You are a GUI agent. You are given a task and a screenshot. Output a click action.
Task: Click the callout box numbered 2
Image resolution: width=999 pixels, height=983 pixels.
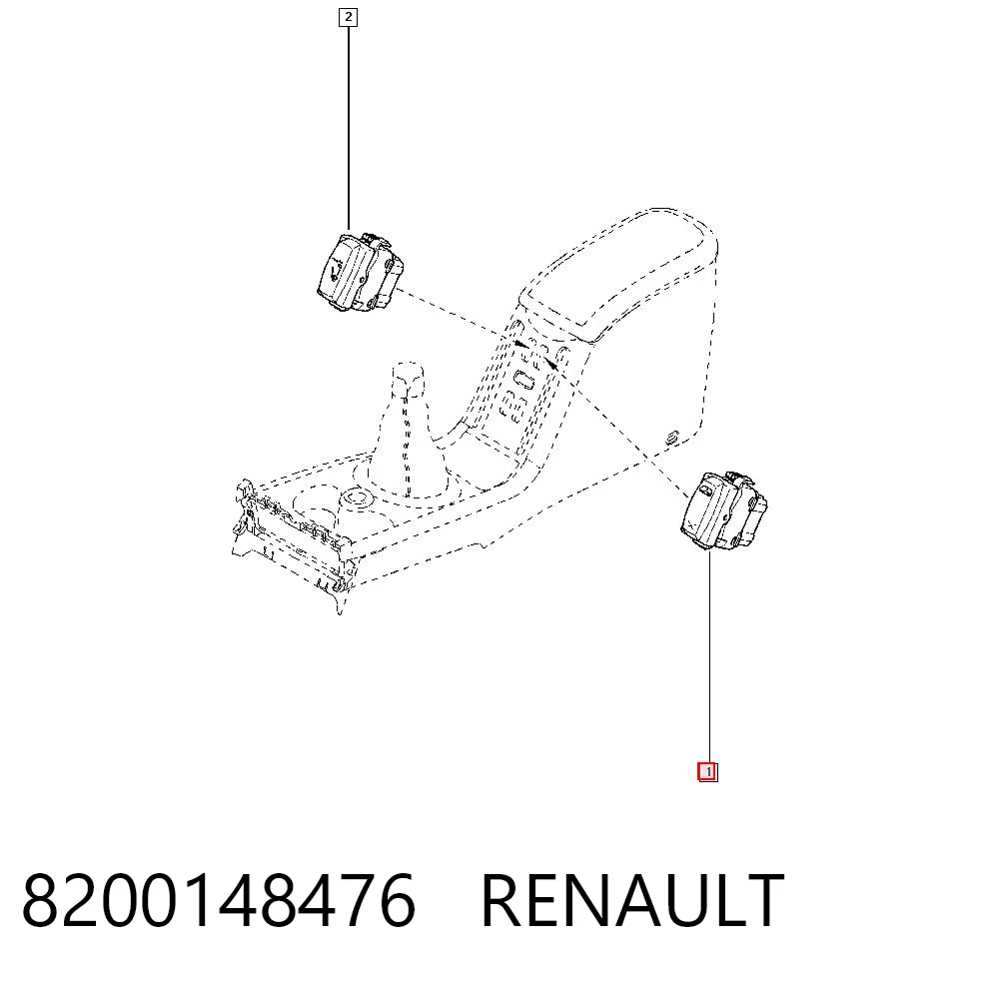pos(348,17)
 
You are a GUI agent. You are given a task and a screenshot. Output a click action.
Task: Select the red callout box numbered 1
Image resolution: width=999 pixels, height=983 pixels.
pos(707,772)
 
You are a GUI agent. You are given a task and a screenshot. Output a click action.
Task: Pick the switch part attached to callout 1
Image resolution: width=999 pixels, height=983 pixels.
pos(723,512)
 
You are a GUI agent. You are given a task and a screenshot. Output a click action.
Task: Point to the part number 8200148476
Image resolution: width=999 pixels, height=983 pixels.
pos(219,899)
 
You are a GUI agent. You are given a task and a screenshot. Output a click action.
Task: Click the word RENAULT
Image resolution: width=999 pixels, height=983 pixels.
pos(632,900)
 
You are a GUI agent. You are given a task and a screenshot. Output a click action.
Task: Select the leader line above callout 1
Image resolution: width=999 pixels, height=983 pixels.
pos(709,657)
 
